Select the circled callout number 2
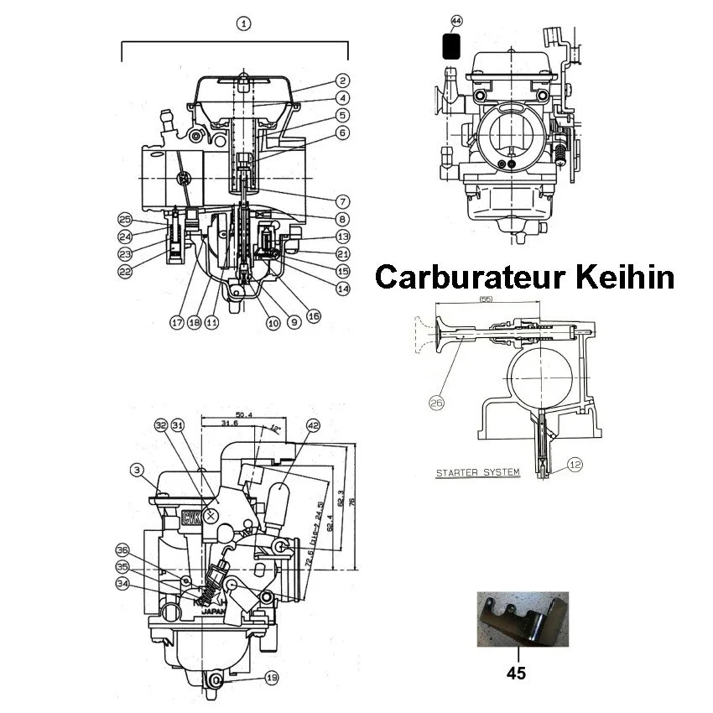click(x=342, y=81)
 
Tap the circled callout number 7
click(x=342, y=202)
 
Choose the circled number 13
click(x=342, y=237)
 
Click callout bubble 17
click(x=175, y=321)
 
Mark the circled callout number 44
click(x=455, y=19)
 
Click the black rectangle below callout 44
click(x=451, y=44)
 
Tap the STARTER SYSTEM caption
click(x=477, y=473)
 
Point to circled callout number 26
click(x=436, y=403)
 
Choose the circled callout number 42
click(x=313, y=425)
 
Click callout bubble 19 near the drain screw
click(x=270, y=677)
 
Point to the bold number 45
click(x=518, y=672)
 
